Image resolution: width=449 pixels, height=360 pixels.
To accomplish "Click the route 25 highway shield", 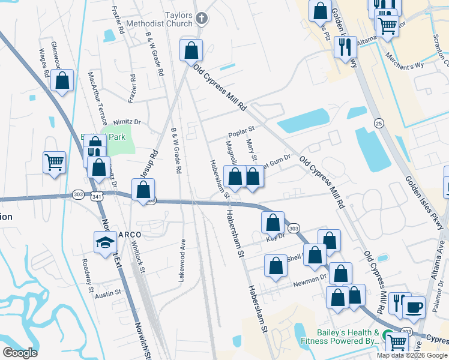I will tap(378, 123).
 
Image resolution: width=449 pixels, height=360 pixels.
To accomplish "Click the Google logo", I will tap(20, 353).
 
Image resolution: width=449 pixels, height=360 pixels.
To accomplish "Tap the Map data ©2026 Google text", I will tap(411, 355).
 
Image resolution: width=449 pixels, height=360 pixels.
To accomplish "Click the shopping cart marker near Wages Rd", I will tap(54, 162).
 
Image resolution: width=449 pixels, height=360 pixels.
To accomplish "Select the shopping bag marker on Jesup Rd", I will tap(143, 191).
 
